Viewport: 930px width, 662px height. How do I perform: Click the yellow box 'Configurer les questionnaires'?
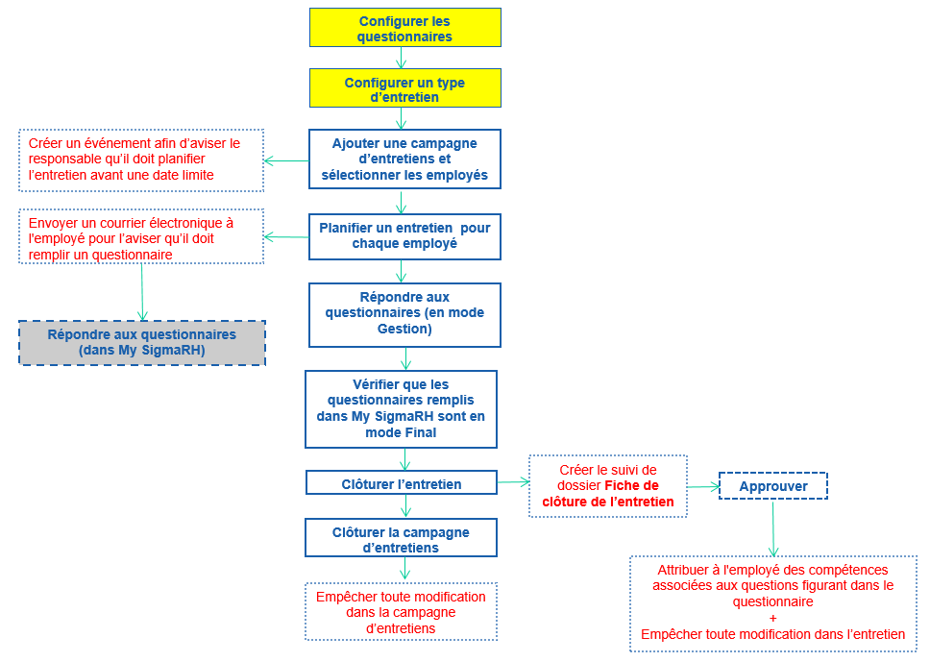pos(404,28)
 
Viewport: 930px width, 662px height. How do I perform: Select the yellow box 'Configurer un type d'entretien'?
pos(404,88)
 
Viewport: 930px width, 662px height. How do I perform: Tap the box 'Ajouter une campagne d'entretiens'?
pos(404,159)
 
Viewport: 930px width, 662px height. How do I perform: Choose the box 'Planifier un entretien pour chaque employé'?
pos(404,236)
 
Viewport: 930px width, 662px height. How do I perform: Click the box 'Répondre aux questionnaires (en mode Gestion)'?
pos(404,314)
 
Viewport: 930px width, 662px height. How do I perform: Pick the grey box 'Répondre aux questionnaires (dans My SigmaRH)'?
pos(142,343)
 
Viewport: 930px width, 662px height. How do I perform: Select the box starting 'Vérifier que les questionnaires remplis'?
pos(401,409)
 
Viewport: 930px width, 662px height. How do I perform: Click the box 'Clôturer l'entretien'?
pos(401,483)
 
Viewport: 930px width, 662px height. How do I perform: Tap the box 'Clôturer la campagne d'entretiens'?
pos(401,539)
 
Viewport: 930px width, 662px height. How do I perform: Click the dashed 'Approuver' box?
pos(773,486)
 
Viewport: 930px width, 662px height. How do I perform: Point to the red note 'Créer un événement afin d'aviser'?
pos(141,159)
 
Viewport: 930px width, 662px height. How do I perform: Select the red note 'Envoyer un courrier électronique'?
pos(141,237)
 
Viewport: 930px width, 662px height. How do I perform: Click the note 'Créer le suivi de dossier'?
pos(608,486)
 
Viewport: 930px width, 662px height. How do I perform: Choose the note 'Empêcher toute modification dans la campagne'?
pos(401,612)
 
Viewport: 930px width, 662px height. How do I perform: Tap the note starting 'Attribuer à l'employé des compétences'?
pos(773,603)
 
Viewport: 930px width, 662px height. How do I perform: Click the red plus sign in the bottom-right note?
pos(773,618)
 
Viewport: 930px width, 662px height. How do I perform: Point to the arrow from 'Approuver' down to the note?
pos(773,527)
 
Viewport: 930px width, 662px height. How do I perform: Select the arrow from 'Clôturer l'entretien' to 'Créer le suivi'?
pos(513,484)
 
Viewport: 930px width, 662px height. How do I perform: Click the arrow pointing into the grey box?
pos(142,292)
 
